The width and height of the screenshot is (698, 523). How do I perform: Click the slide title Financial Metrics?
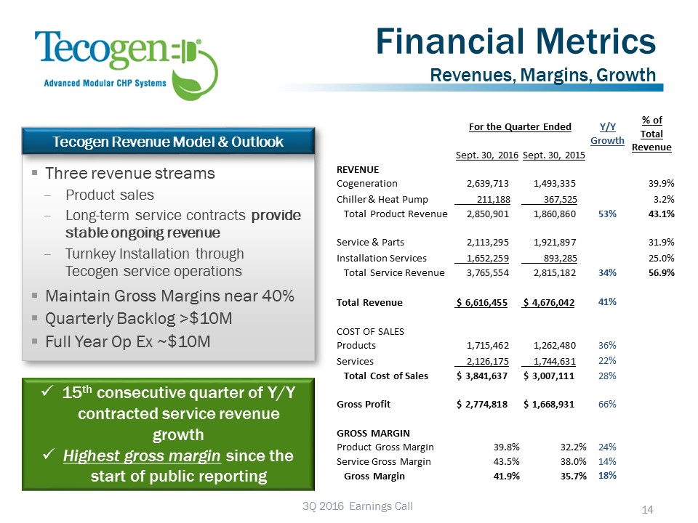tap(516, 42)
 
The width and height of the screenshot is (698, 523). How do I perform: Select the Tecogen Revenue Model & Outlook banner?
tap(169, 141)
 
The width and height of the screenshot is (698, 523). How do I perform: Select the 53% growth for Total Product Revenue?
tap(607, 214)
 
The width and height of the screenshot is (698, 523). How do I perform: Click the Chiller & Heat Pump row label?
tap(382, 199)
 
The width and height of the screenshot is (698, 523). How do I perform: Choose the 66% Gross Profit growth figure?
tap(607, 404)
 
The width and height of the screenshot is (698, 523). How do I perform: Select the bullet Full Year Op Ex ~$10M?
tap(127, 341)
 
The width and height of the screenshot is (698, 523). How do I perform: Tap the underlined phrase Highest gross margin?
tap(143, 456)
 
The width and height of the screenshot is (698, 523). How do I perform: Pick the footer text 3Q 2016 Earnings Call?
tap(348, 506)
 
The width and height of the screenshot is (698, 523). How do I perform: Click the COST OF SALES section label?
tap(371, 331)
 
